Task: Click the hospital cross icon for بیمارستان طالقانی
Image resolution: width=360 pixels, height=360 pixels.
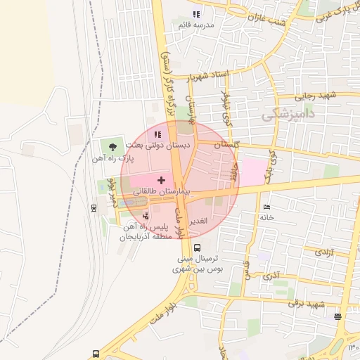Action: pyautogui.click(x=162, y=181)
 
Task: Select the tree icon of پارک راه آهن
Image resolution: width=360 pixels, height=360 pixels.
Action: pyautogui.click(x=112, y=146)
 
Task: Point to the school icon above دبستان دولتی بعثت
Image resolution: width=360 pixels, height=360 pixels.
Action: pyautogui.click(x=157, y=134)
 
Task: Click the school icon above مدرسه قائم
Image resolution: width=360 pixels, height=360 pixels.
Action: pyautogui.click(x=196, y=14)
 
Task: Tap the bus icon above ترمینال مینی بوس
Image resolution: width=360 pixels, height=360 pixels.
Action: pyautogui.click(x=197, y=247)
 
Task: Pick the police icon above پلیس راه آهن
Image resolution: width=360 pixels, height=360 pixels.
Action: pyautogui.click(x=146, y=216)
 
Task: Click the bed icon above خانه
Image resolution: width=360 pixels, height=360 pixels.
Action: pyautogui.click(x=266, y=207)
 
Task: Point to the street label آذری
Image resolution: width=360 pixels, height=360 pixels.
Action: pyautogui.click(x=271, y=276)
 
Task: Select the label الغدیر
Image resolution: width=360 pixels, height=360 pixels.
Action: pyautogui.click(x=200, y=221)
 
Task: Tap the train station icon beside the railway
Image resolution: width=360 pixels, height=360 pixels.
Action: pyautogui.click(x=94, y=207)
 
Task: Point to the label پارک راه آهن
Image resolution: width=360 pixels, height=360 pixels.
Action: pyautogui.click(x=112, y=159)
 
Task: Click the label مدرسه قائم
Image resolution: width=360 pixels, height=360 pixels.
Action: pyautogui.click(x=196, y=25)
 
